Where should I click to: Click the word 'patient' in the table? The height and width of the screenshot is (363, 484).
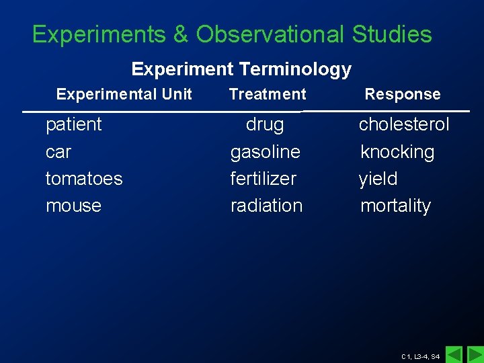point(73,124)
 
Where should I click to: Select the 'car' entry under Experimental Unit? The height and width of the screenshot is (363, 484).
point(58,152)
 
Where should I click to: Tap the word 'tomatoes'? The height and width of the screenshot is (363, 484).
point(84,179)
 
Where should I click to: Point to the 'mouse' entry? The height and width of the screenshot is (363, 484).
point(73,206)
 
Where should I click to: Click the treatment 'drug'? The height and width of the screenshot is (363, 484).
point(265,124)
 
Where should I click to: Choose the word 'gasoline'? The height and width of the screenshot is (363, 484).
point(265,152)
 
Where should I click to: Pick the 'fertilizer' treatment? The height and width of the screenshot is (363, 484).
point(263,179)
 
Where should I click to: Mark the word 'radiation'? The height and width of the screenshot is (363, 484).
point(266,206)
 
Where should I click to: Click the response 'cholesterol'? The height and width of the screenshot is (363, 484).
point(403,124)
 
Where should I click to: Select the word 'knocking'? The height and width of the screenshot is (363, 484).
point(397,152)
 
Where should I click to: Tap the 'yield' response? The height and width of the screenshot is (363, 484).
point(378,179)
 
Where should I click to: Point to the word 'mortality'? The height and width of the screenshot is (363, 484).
point(395,206)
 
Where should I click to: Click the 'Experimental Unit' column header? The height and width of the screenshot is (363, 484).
point(124,94)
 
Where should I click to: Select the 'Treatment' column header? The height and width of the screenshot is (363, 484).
point(267,94)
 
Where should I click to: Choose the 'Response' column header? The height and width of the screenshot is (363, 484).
point(402,94)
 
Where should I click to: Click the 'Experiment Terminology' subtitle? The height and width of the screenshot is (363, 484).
point(241,69)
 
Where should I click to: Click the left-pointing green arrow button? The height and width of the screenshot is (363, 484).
point(454,354)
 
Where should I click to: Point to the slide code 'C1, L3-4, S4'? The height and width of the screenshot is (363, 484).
point(420,356)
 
